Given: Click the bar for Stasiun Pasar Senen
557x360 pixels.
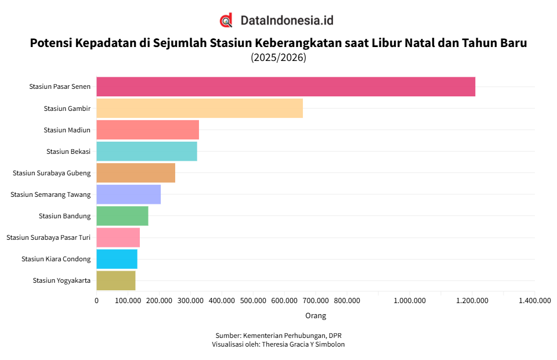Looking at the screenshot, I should pos(285,87).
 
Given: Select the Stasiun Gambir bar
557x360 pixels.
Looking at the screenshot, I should pos(199,108).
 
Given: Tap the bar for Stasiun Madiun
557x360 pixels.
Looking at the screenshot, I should pos(147,129).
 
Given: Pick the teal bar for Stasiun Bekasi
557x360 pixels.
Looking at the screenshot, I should pos(146,151).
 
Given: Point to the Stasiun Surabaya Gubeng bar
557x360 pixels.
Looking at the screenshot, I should pos(135,172).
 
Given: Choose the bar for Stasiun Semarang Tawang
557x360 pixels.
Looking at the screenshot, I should pos(128,194).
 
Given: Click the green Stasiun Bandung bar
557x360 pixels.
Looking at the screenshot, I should pos(122,215).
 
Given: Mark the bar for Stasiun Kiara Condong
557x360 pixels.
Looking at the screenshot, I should pos(117,258).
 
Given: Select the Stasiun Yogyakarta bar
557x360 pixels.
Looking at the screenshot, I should pos(115,280).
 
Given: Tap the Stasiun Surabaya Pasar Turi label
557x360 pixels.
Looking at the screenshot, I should pos(48,237).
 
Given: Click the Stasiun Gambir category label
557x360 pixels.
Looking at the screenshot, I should pos(67,109).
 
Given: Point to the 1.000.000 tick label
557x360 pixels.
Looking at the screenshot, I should pos(410,301).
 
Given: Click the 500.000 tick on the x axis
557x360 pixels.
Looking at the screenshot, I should pos(253,301).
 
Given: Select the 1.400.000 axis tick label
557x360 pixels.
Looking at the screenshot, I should pos(534,301).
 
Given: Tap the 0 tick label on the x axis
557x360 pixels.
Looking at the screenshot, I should pos(96,301).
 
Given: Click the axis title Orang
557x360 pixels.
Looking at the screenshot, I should pos(316,316).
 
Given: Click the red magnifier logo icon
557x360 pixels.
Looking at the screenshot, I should pos(226,20).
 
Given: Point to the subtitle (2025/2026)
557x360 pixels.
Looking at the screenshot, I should pos(278,57).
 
